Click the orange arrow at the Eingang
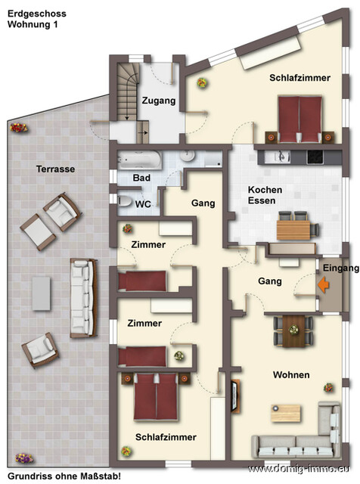324,285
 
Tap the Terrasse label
56,169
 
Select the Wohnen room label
292,374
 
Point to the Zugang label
158,100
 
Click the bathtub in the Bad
139,161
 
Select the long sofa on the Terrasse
81,297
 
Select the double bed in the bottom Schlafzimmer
156,398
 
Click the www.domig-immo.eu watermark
303,470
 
